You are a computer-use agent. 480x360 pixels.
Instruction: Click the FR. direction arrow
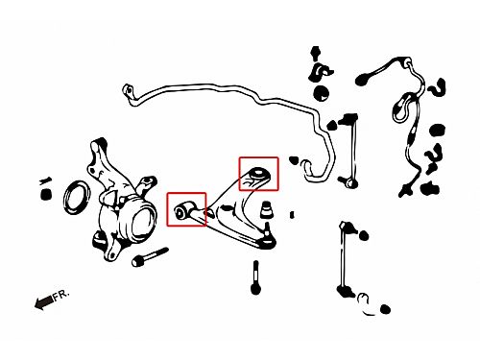coord(44,301)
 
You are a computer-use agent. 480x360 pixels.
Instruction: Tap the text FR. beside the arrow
coord(61,295)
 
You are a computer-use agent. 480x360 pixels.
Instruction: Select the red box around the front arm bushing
coord(186,209)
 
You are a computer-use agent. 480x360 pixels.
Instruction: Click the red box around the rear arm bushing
coord(258,174)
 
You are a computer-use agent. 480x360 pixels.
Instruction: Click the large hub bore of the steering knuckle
coord(143,223)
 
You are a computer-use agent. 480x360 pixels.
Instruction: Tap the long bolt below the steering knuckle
coord(150,256)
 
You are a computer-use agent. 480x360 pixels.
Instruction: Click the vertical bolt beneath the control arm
coord(255,277)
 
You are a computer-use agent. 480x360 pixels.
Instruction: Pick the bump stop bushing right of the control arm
coord(267,209)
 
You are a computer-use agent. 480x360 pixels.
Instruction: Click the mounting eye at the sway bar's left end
coord(128,89)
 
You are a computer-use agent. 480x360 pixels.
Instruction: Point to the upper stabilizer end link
coord(349,151)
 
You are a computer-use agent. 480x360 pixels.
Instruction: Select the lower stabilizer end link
coord(345,260)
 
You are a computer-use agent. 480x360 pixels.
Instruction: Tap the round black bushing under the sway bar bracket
coord(322,93)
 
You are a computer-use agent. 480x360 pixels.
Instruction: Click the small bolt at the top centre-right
coord(316,53)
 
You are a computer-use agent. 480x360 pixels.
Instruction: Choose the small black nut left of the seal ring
coord(46,194)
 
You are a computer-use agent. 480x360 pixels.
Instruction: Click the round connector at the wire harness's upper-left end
coord(363,79)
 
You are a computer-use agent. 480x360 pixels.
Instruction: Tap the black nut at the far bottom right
coord(386,309)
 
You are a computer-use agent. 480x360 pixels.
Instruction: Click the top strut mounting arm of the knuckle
coord(99,151)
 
